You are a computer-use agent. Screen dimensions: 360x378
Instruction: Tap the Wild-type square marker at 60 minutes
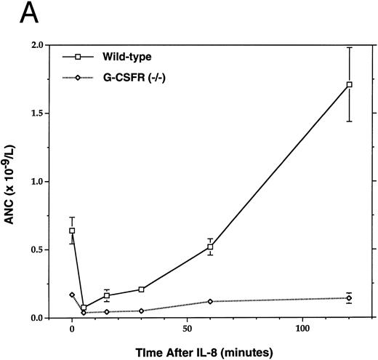click(x=210, y=247)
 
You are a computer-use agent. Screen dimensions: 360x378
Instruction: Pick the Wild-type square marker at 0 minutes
click(x=72, y=231)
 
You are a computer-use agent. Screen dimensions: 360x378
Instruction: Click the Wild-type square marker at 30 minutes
click(x=141, y=289)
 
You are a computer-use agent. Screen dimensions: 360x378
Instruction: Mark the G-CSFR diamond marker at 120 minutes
click(x=350, y=298)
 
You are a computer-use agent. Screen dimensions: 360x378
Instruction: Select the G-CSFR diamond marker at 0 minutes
click(x=72, y=295)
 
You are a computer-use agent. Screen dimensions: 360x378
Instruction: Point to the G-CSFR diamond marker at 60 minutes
click(x=210, y=301)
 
